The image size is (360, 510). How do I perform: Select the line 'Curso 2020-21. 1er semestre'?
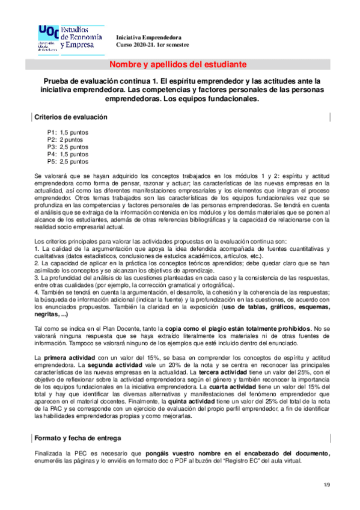(x=152, y=45)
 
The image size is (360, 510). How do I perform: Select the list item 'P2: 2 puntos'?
(x=66, y=139)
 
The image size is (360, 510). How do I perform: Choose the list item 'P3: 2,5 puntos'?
(x=67, y=146)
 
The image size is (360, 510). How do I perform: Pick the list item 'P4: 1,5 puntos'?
(x=67, y=154)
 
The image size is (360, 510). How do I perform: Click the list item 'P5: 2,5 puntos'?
(x=67, y=161)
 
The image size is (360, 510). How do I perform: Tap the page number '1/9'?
(x=327, y=485)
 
